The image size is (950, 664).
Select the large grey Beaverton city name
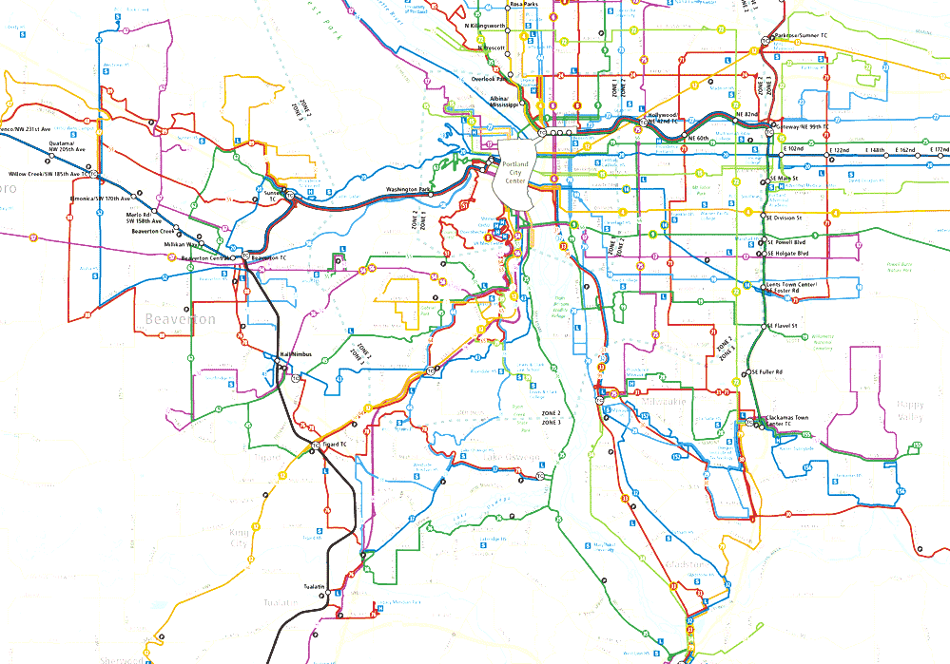coord(181,320)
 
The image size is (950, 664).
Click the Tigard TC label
coord(336,443)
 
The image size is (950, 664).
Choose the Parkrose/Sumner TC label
coord(802,35)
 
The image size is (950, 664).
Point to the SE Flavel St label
coord(785,326)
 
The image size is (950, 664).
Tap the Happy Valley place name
coord(909,409)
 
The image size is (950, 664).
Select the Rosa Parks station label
coord(524,5)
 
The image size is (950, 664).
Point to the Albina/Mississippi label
coord(505,102)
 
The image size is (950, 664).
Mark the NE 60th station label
coord(698,139)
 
